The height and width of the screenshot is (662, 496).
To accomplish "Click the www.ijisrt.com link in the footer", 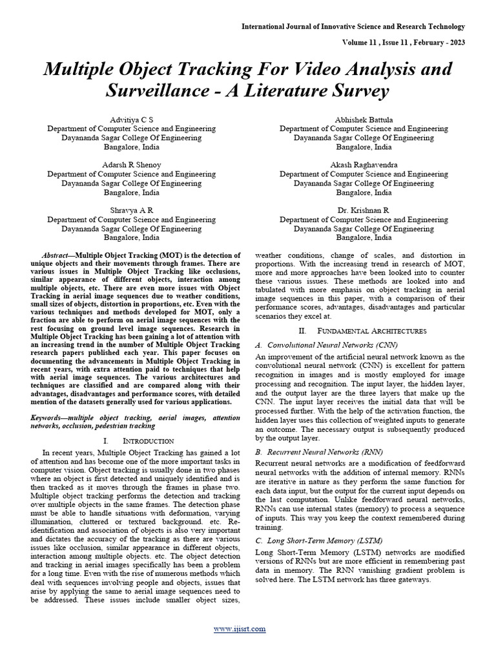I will click(247, 628).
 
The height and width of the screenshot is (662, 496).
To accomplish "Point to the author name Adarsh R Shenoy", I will click(132, 165).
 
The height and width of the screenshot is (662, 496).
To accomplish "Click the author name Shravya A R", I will click(132, 210).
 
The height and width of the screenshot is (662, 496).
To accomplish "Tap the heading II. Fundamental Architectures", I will click(360, 330).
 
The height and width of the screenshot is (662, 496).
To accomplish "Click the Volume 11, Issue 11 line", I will click(400, 42).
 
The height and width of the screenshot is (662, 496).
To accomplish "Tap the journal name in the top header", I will click(353, 27).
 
